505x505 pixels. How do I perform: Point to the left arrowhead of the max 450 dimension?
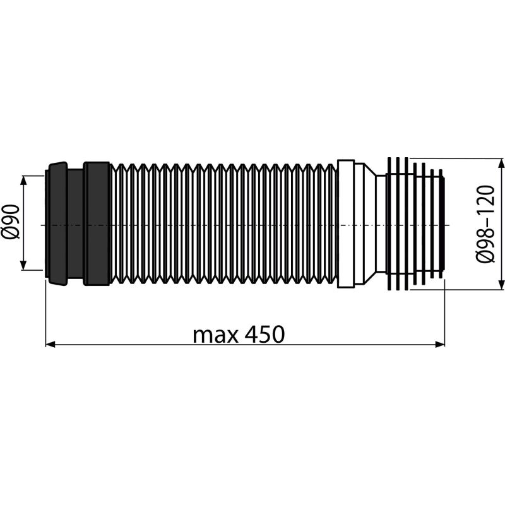[x=50, y=344]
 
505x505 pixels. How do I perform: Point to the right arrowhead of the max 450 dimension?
[x=440, y=344]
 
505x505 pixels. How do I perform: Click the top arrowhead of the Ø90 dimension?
[x=24, y=181]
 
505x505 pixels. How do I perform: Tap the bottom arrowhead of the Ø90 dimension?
[x=24, y=265]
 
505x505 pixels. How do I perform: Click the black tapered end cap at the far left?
[x=56, y=224]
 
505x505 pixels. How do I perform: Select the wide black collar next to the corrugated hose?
[x=96, y=224]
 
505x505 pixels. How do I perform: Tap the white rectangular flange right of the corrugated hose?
[x=346, y=224]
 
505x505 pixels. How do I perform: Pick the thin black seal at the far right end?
[x=446, y=224]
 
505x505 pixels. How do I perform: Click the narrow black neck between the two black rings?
[x=75, y=224]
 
